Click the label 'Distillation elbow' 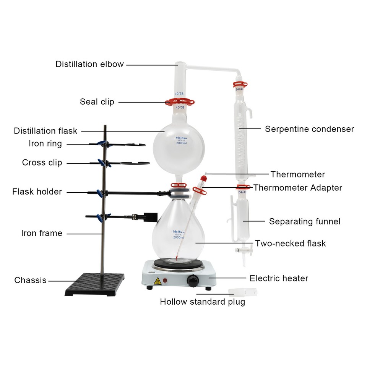pos(89,64)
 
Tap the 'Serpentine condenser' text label pos(309,129)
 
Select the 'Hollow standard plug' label pos(202,302)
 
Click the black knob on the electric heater pos(193,282)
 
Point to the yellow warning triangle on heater pos(157,281)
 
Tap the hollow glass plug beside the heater pos(242,292)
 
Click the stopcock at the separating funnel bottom pos(243,251)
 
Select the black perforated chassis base pos(95,284)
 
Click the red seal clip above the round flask pos(180,102)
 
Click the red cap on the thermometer pos(204,177)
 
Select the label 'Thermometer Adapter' pos(297,188)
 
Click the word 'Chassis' pos(30,280)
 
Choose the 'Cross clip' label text pos(42,163)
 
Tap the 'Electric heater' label pos(279,278)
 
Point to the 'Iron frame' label pos(42,233)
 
